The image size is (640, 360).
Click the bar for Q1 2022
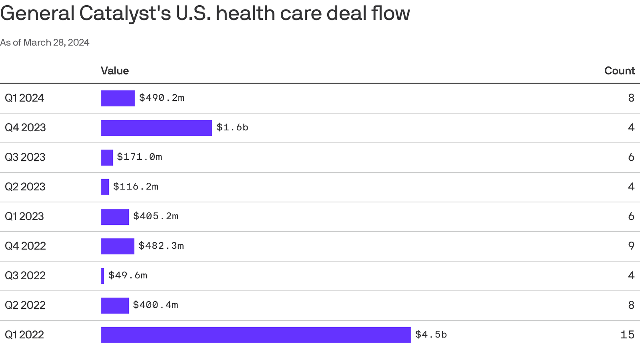click(x=256, y=335)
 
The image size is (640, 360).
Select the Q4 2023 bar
click(x=156, y=128)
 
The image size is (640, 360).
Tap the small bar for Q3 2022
click(x=102, y=276)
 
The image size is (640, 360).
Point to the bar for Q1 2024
click(x=118, y=98)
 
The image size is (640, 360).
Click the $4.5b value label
click(x=431, y=334)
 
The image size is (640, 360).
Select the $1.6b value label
click(x=232, y=127)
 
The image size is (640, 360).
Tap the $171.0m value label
click(x=139, y=157)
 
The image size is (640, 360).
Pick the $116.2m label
click(x=136, y=187)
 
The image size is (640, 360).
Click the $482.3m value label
click(x=161, y=246)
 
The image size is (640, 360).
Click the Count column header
click(x=619, y=71)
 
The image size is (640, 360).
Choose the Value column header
click(x=115, y=71)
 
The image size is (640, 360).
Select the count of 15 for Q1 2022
click(x=627, y=335)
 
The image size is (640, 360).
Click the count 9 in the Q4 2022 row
click(x=631, y=246)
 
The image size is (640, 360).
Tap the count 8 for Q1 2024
click(x=631, y=98)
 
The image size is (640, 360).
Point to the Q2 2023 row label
click(x=25, y=187)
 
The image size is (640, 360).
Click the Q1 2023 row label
click(x=24, y=216)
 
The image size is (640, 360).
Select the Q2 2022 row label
click(x=25, y=305)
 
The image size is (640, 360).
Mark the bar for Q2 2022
click(x=115, y=305)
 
